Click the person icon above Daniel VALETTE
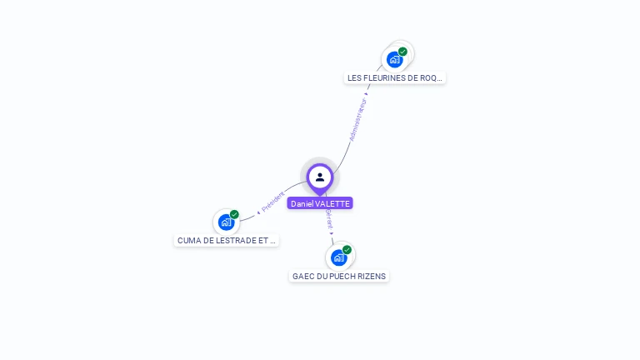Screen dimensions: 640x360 coord(320,177)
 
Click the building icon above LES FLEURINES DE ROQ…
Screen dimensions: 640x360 coord(395,59)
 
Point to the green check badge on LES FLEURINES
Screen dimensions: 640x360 coord(402,52)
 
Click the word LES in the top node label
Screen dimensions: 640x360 coord(355,78)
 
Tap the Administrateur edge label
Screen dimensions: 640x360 coord(357,120)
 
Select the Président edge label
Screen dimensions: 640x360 coord(272,202)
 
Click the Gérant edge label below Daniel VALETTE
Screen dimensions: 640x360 coord(329,219)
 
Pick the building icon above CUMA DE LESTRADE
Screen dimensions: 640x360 coord(226,222)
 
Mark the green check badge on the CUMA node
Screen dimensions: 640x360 coord(234,214)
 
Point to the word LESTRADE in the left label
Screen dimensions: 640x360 coord(237,241)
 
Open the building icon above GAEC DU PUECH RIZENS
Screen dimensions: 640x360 coord(338,257)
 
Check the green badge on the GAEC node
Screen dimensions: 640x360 coord(347,249)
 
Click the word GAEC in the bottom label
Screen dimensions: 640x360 coord(302,277)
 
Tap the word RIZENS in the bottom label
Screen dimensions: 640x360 coord(372,277)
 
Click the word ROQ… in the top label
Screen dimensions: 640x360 coord(432,78)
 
